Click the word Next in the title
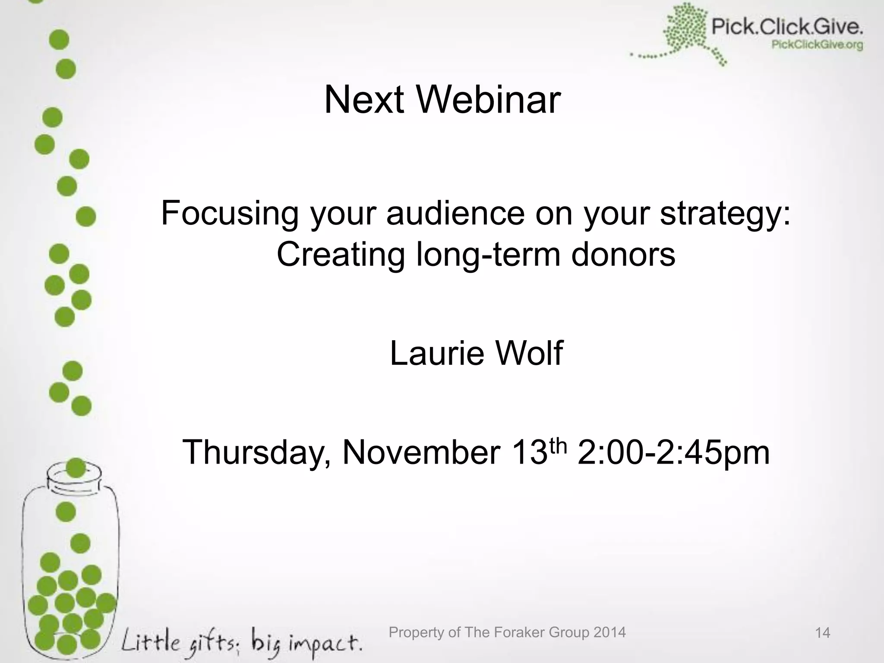pos(364,100)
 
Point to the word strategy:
pos(725,214)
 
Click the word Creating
pos(340,254)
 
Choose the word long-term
pos(488,254)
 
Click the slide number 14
pos(822,633)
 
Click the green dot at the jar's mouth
pos(76,468)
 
